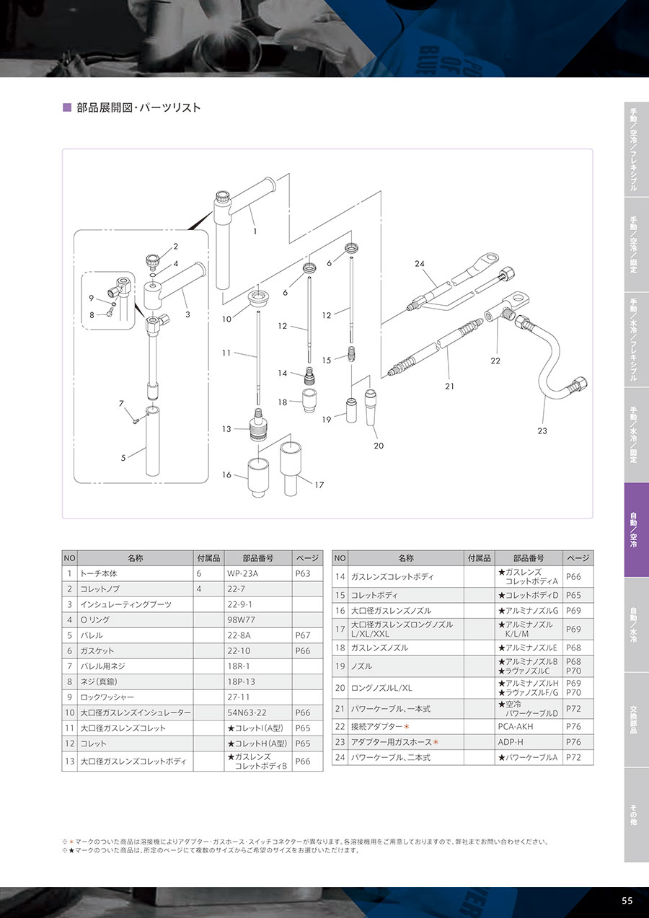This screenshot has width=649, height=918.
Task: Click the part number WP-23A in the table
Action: pyautogui.click(x=242, y=573)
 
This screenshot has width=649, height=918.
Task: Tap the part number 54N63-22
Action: pyautogui.click(x=247, y=712)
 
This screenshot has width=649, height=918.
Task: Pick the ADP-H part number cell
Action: pyautogui.click(x=511, y=741)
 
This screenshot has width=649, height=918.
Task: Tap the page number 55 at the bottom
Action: pyautogui.click(x=627, y=901)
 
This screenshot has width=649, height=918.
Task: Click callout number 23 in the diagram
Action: pyautogui.click(x=542, y=431)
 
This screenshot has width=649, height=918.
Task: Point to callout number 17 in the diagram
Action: pyautogui.click(x=319, y=485)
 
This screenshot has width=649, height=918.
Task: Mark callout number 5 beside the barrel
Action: pyautogui.click(x=123, y=457)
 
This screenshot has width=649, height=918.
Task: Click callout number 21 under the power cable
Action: pyautogui.click(x=449, y=387)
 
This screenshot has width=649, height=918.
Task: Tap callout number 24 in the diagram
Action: pyautogui.click(x=420, y=264)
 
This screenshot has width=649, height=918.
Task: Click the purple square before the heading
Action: pyautogui.click(x=68, y=108)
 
